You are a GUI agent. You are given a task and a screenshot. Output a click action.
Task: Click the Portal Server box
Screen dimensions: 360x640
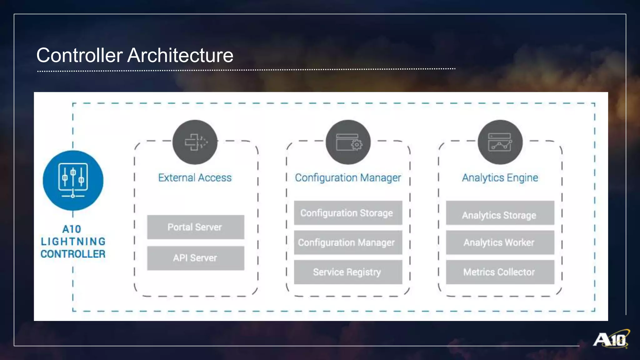[x=196, y=227]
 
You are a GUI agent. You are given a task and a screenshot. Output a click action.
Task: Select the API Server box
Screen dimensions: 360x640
[x=196, y=258]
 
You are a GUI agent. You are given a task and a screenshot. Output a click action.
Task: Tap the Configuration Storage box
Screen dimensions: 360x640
[x=348, y=213]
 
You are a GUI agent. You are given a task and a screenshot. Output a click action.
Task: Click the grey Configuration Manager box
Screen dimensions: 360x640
[x=348, y=242]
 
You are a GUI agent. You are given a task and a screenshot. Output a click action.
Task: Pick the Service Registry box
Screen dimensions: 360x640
[x=348, y=272]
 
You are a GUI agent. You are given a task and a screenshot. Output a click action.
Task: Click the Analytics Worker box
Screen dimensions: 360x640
[x=500, y=242]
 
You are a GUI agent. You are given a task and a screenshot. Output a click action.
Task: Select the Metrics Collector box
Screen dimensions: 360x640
[x=500, y=272]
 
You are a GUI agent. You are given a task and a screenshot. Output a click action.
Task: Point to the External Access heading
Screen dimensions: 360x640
[x=195, y=178]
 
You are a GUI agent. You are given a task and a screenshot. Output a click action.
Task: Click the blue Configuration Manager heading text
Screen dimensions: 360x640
[x=348, y=178]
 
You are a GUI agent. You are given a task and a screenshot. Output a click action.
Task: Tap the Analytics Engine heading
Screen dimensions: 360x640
[x=500, y=178]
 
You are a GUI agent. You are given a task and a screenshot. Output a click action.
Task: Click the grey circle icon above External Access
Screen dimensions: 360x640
[x=195, y=142]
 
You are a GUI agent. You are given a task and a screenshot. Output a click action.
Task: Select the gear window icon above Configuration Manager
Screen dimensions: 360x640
[x=348, y=142]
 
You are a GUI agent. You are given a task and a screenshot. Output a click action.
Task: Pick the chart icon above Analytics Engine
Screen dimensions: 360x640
[x=500, y=142]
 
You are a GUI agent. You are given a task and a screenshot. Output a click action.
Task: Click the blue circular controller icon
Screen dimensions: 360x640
[x=73, y=181]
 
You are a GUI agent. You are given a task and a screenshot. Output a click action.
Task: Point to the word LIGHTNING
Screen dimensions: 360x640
[x=73, y=242]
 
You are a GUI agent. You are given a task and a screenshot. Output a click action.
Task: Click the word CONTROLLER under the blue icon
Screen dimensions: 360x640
[x=73, y=254]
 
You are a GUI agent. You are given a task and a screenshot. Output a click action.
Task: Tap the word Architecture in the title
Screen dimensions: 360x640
[x=180, y=55]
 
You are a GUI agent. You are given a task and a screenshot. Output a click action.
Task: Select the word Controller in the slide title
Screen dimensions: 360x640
[x=79, y=55]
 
